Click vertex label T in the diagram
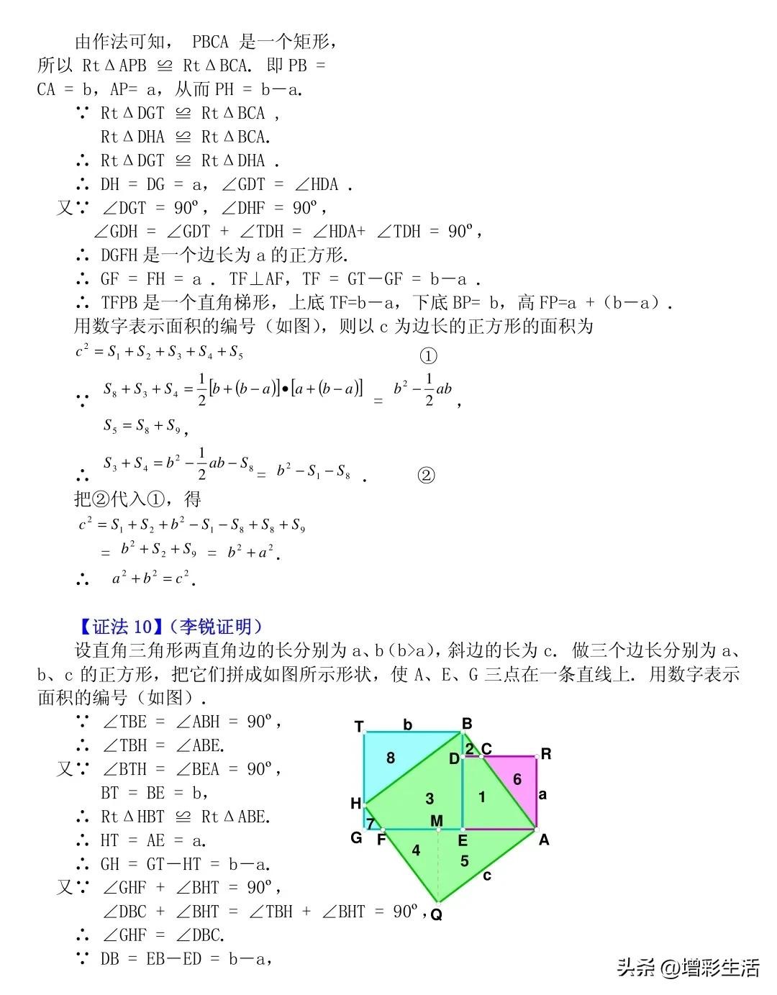(x=359, y=727)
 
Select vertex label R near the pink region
(x=546, y=754)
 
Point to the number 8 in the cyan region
(x=391, y=758)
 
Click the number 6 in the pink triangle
(x=517, y=779)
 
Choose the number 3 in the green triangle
(x=430, y=798)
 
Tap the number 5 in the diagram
(x=464, y=860)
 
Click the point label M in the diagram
(x=437, y=821)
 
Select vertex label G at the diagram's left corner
(x=356, y=837)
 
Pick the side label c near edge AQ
(x=488, y=876)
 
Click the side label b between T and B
(x=408, y=724)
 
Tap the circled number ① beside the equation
(x=428, y=356)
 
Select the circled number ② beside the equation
(x=427, y=476)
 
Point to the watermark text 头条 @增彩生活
(x=688, y=968)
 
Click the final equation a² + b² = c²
(x=154, y=578)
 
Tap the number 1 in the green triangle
(x=482, y=796)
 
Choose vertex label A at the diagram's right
(x=544, y=839)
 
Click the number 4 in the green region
(x=416, y=850)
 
